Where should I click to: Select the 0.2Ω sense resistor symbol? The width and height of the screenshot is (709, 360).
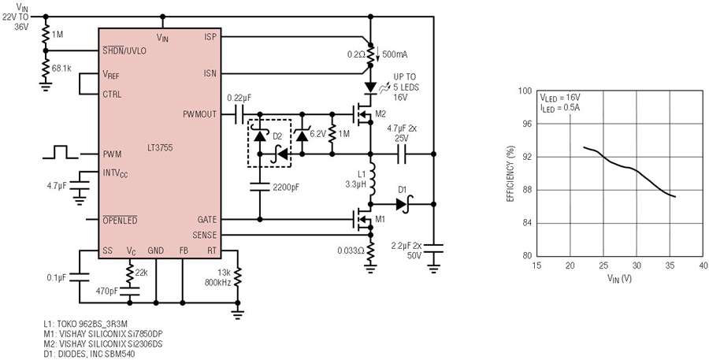pyautogui.click(x=370, y=55)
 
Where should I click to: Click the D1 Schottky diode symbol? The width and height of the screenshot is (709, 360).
pyautogui.click(x=402, y=204)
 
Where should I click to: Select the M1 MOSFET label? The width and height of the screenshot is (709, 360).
pyautogui.click(x=381, y=220)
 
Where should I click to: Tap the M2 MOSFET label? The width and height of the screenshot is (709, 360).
pyautogui.click(x=380, y=113)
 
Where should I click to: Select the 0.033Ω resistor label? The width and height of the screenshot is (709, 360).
pyautogui.click(x=351, y=250)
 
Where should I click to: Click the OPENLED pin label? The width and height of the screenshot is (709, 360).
pyautogui.click(x=121, y=221)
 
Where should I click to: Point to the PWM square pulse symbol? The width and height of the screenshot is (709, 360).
pyautogui.click(x=61, y=152)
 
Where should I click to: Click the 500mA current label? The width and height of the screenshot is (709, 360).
pyautogui.click(x=395, y=54)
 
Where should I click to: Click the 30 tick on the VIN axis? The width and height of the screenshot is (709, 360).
pyautogui.click(x=637, y=265)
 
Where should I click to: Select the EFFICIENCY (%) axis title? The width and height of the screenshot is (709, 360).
pyautogui.click(x=511, y=173)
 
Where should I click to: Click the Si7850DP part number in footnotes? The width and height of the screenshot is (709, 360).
pyautogui.click(x=125, y=335)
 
